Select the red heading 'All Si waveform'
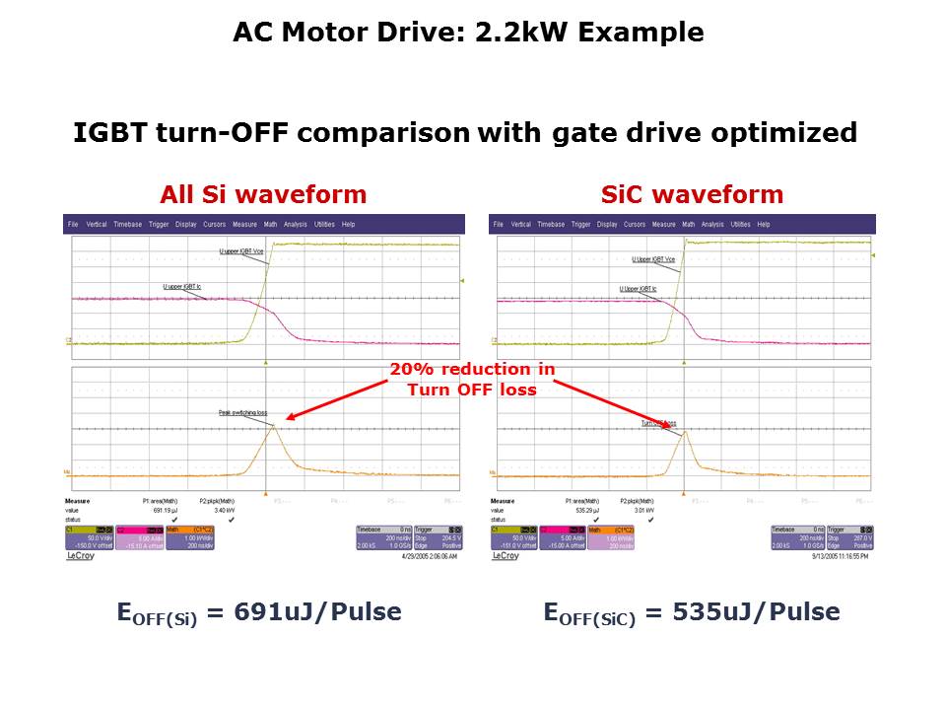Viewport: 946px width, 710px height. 263,194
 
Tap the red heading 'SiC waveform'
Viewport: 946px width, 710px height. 692,194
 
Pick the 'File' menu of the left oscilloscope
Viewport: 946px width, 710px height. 73,225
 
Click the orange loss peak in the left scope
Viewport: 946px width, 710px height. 274,426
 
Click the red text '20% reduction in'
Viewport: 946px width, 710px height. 472,370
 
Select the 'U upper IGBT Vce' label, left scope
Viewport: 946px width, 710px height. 240,252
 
